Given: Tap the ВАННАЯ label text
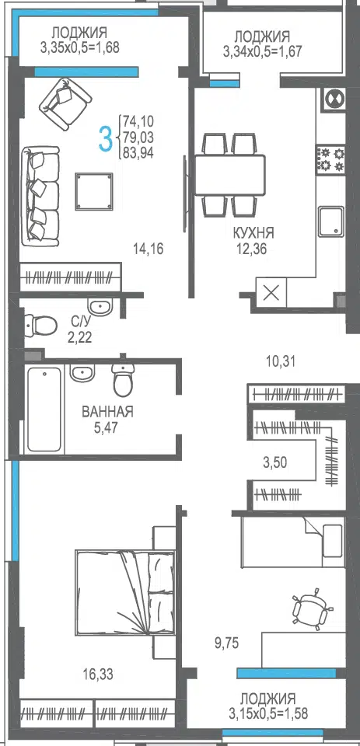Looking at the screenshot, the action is point(107,412).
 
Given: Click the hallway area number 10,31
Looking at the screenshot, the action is point(281,361).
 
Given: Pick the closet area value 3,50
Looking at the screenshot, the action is point(276,462).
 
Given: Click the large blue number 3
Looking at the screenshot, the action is point(106,138).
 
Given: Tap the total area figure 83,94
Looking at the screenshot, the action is point(138,153).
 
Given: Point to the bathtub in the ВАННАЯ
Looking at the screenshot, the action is point(44,410).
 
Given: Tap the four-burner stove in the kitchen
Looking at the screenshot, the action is point(331,159).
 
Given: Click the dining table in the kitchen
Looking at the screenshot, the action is point(229,175).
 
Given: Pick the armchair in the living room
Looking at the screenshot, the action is point(65,103).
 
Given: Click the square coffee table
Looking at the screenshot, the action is point(94,191).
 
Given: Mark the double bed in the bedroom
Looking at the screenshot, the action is point(125,592).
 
